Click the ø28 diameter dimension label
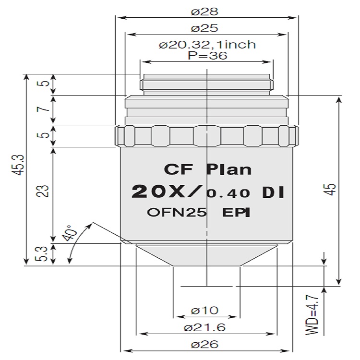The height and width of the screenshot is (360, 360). click(x=204, y=11)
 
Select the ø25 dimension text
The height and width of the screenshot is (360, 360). click(x=204, y=28)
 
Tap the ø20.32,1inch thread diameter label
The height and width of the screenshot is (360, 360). click(x=207, y=45)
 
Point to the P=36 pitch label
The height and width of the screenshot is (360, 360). click(x=207, y=56)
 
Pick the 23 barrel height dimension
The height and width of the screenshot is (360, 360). click(x=43, y=191)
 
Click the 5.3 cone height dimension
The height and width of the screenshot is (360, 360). click(x=42, y=254)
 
